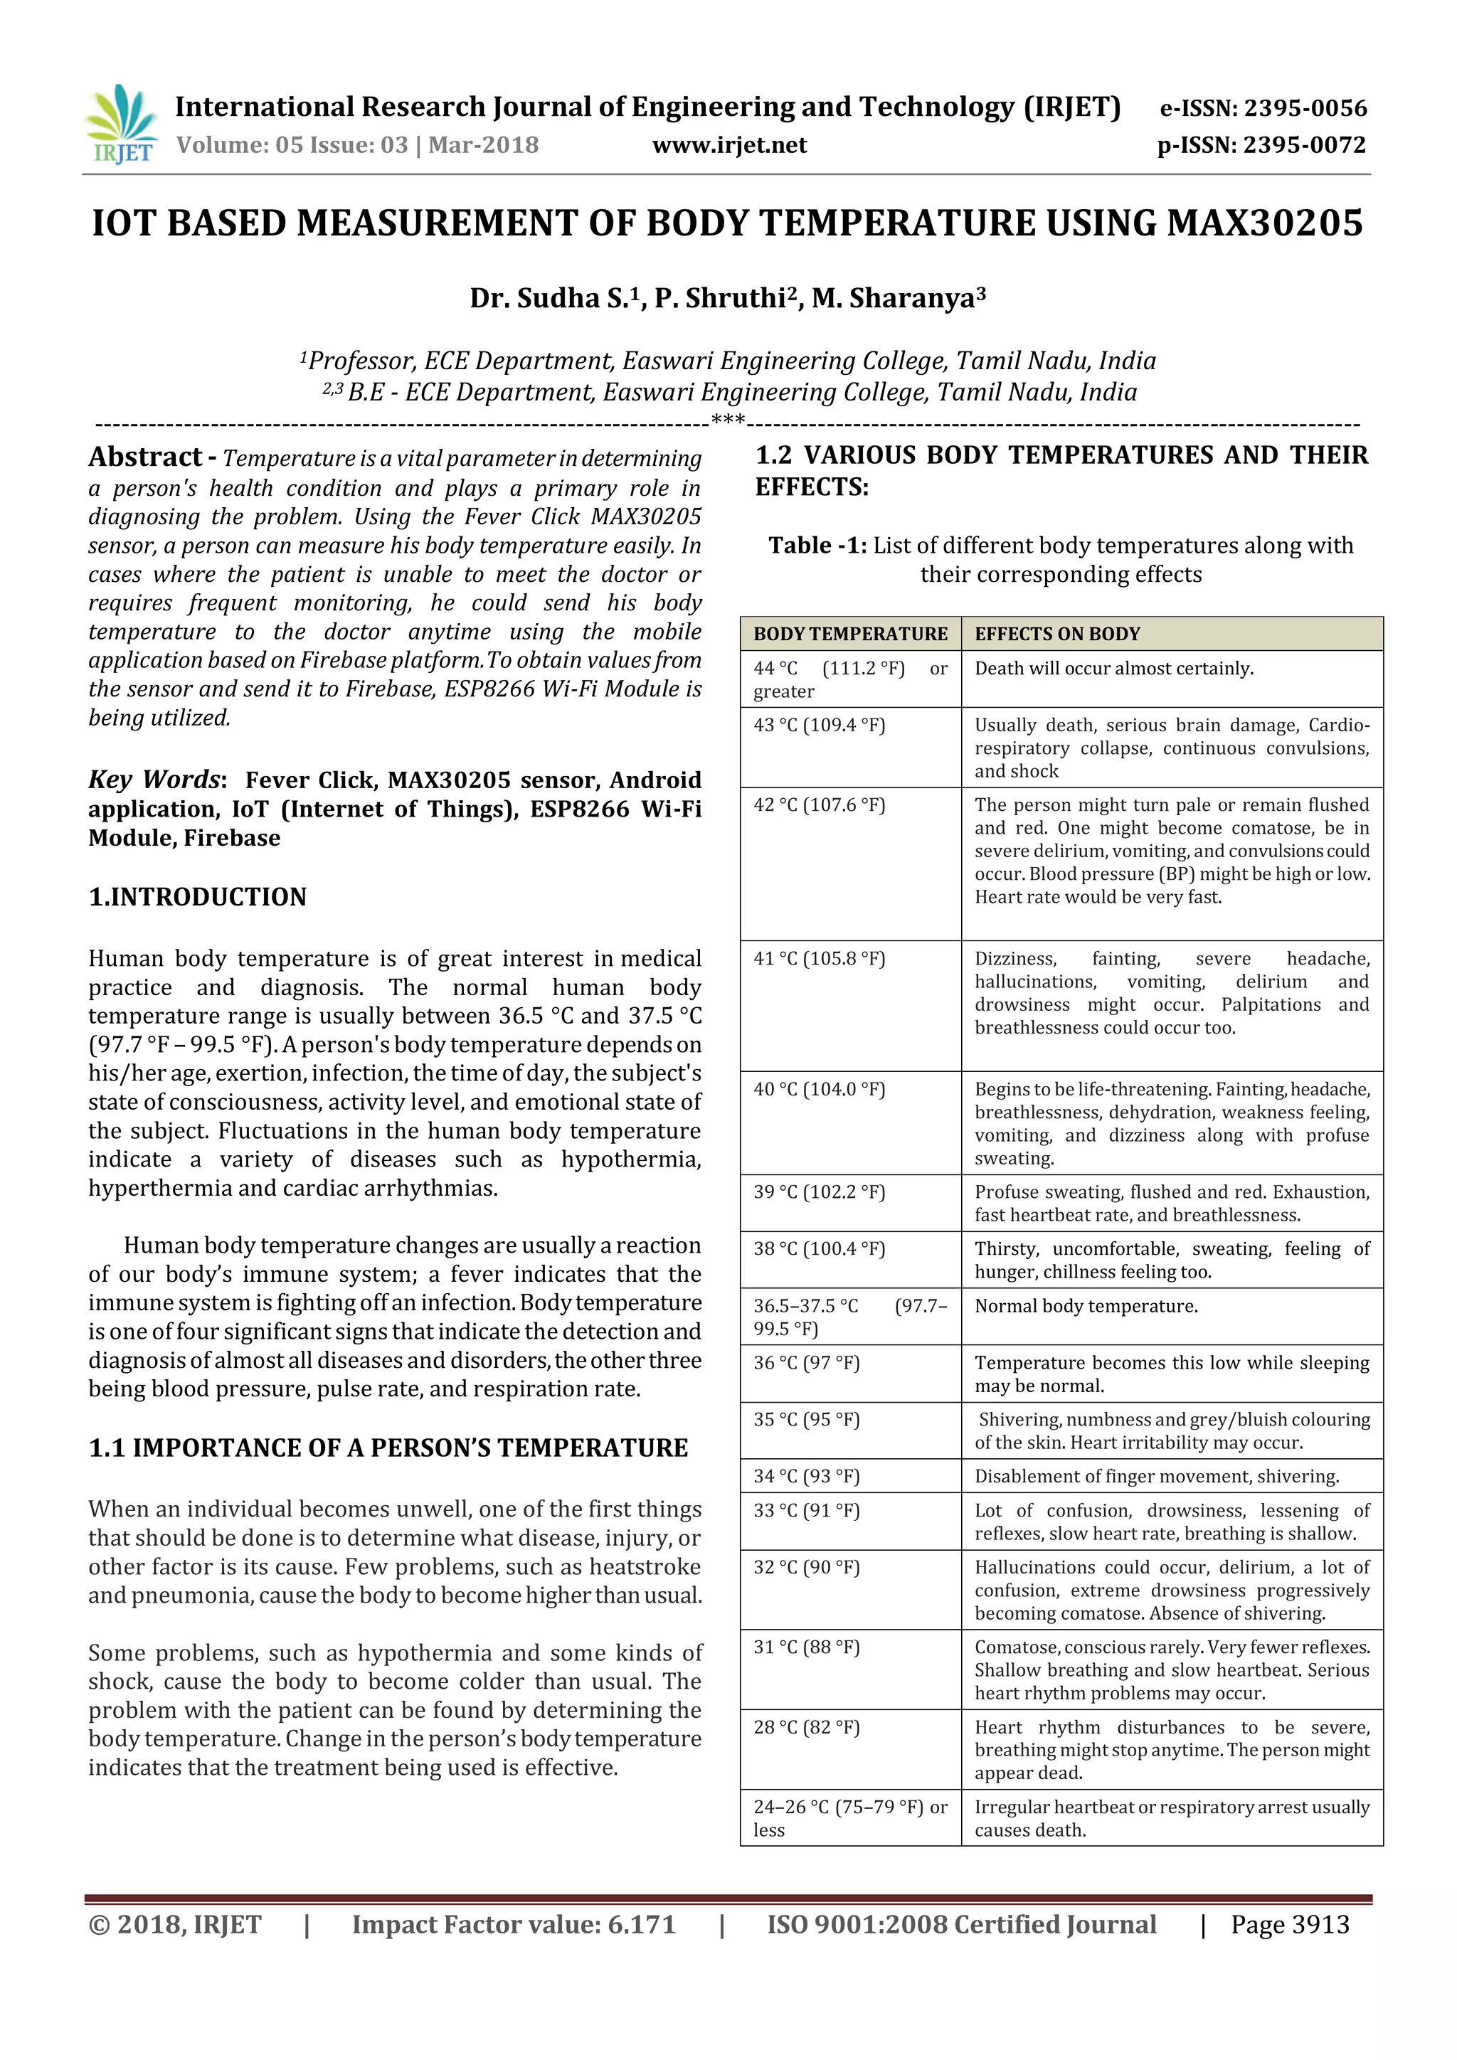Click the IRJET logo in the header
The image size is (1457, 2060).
[x=121, y=124]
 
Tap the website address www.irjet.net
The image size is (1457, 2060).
[x=729, y=145]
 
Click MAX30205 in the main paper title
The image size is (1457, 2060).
[x=1264, y=223]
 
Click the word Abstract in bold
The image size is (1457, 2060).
[x=145, y=457]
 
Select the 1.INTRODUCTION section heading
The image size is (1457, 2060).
[x=197, y=896]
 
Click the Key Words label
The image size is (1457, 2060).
[x=154, y=779]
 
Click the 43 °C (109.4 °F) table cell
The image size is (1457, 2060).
[x=819, y=725]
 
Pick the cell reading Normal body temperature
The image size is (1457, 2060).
[x=1086, y=1305]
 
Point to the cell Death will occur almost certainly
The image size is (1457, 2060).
[x=1113, y=669]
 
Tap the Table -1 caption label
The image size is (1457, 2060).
[x=817, y=546]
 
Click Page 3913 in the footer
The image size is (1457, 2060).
[x=1289, y=1925]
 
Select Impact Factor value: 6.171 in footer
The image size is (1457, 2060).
[x=513, y=1925]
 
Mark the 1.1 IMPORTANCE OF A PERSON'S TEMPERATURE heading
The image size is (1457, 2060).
[x=388, y=1448]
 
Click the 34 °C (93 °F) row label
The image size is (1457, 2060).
[x=805, y=1476]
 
